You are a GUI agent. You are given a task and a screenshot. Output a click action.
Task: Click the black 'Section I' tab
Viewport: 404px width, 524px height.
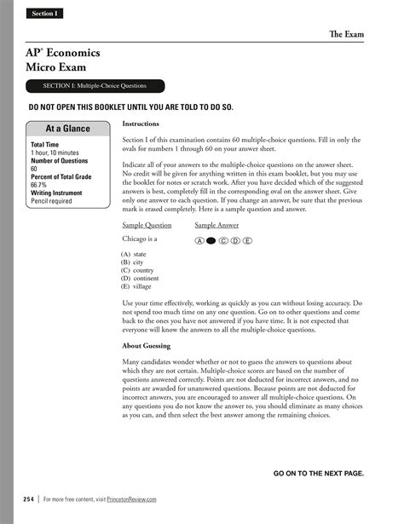[43, 14]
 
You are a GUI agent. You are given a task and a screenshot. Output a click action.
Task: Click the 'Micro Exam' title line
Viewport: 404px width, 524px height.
[56, 66]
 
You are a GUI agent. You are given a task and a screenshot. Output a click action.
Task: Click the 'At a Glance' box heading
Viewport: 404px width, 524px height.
[66, 129]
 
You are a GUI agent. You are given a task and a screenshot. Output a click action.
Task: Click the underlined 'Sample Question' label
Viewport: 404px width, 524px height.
[147, 226]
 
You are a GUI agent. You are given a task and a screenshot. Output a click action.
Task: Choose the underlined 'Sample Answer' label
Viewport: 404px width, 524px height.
[216, 226]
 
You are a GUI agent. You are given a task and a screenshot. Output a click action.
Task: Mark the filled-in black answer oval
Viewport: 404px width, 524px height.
[211, 241]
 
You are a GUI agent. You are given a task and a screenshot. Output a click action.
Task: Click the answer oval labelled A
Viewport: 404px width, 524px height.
[199, 241]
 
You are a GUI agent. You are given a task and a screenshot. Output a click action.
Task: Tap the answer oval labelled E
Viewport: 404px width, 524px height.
[247, 241]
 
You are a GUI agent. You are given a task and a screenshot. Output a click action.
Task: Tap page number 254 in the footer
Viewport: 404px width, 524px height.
[28, 498]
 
